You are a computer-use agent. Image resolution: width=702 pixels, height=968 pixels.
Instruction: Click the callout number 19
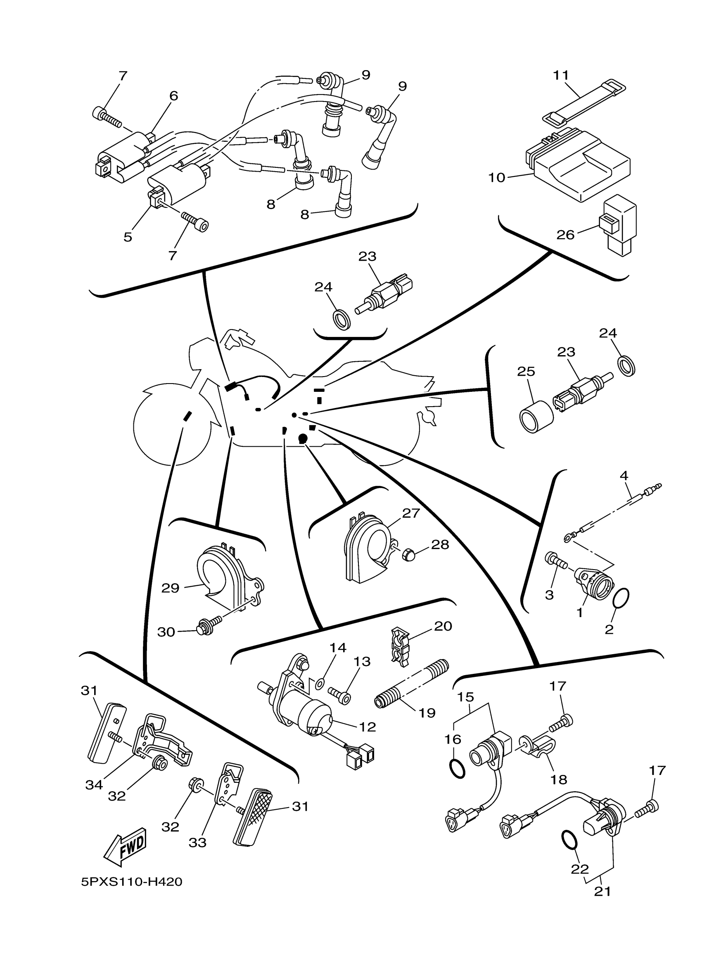tap(427, 712)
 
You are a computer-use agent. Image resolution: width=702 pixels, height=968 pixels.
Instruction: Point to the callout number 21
tap(602, 892)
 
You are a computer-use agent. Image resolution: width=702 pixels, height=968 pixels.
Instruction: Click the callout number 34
tap(94, 784)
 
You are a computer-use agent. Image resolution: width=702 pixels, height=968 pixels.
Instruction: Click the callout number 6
tap(173, 96)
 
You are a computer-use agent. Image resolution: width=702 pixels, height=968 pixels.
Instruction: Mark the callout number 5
tap(128, 237)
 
